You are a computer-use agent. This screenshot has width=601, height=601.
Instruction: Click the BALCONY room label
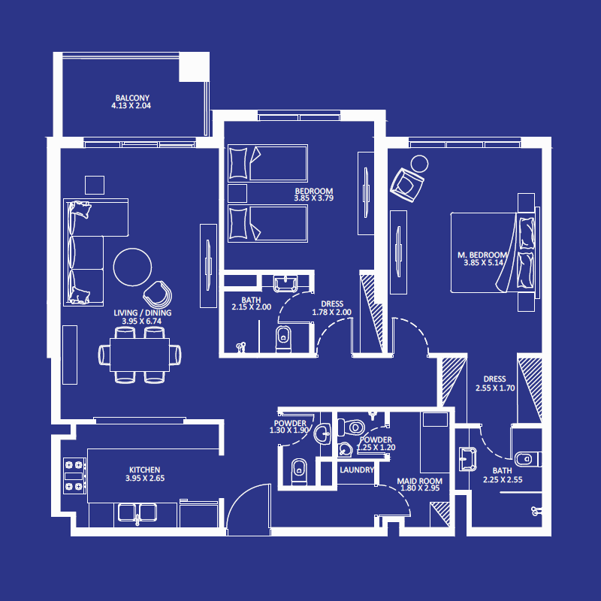tap(132, 98)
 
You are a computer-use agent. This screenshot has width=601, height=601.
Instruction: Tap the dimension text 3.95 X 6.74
tap(142, 321)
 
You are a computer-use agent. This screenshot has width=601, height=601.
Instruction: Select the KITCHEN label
tap(143, 470)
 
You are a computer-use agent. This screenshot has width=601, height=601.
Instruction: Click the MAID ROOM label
tap(419, 480)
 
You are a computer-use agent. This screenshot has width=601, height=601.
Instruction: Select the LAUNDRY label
tap(357, 470)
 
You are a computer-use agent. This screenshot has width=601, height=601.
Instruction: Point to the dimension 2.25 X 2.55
tap(502, 480)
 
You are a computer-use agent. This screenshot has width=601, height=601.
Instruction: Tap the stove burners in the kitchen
tap(74, 475)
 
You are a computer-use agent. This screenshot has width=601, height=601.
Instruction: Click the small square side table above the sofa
tap(95, 185)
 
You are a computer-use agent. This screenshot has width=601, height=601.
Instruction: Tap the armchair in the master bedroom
tap(406, 183)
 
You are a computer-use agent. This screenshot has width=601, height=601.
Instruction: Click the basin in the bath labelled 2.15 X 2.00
tap(286, 283)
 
